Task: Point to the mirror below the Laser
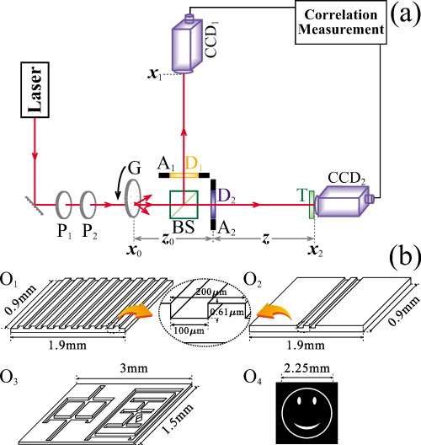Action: tap(32, 201)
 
